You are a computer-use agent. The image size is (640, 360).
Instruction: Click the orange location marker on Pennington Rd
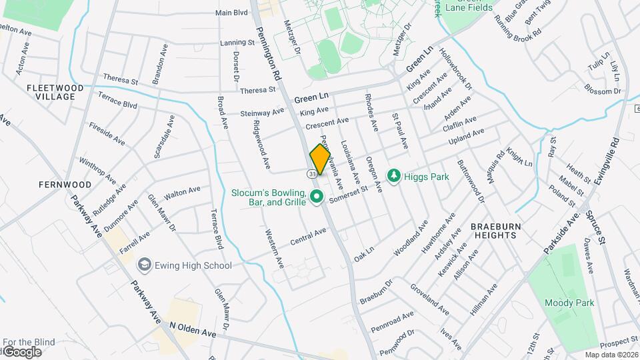coord(320,160)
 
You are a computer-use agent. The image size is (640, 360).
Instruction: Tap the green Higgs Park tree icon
coord(394,176)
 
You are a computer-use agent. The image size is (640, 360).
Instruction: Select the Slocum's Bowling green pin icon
coord(317,197)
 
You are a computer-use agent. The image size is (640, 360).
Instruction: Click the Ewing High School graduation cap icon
coord(143,265)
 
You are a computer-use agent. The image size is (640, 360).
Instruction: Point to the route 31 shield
coord(311,173)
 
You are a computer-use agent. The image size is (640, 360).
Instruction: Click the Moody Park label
coord(569,303)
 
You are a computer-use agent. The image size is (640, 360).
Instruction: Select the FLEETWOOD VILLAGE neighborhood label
coord(55,92)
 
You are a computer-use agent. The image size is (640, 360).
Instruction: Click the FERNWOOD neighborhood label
coord(65,184)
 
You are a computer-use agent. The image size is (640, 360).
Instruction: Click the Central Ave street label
coord(308,237)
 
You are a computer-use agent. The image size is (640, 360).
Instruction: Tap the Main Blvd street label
coord(231,13)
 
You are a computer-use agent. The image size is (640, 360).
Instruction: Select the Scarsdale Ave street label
coord(164,137)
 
